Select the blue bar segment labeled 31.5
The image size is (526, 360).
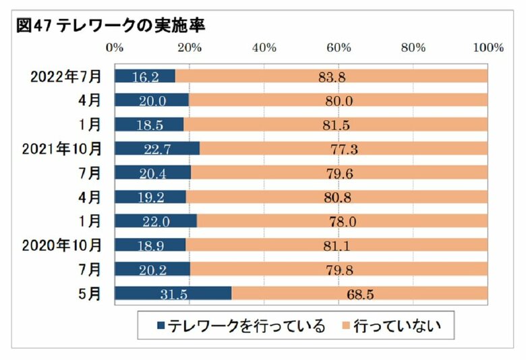point(173,293)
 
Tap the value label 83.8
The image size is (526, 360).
point(332,76)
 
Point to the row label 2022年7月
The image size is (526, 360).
point(65,76)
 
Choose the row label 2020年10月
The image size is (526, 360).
point(63,245)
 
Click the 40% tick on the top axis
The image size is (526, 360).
point(264,48)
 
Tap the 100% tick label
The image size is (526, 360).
point(488,48)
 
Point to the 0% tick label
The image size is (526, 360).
point(115,48)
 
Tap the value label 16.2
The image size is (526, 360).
point(145,76)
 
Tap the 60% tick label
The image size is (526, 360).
point(339,48)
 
